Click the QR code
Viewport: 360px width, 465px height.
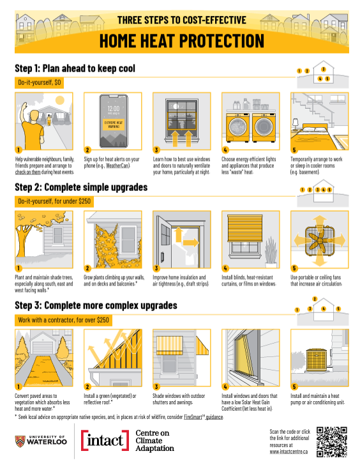(331, 442)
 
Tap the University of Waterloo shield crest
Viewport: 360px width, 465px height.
(20, 441)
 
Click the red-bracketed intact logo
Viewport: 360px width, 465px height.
(105, 440)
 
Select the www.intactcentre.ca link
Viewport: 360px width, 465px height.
(289, 452)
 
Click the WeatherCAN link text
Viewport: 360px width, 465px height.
(117, 165)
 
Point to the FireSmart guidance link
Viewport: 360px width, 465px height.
(203, 417)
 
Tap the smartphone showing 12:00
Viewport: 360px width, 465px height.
(114, 121)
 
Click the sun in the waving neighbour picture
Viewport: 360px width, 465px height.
(60, 100)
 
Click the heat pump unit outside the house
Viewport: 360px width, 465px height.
(317, 360)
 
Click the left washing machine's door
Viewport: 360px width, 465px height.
(237, 126)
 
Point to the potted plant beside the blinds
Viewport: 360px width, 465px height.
(271, 252)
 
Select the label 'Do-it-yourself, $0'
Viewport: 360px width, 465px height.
(40, 82)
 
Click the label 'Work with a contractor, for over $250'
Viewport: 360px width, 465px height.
(63, 320)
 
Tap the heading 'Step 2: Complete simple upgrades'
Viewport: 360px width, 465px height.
(81, 187)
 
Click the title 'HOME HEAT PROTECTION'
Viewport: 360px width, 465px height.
(182, 41)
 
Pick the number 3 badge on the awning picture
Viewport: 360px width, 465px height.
(156, 386)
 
